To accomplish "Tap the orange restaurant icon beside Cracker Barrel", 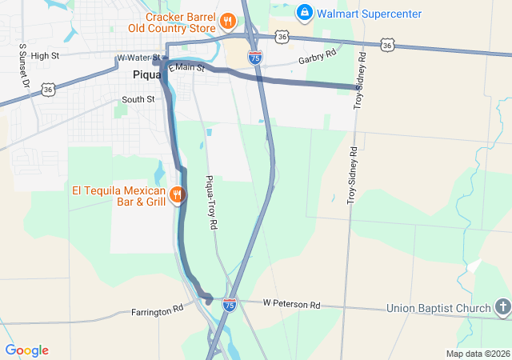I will click(227, 21).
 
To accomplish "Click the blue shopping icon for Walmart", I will click(304, 13).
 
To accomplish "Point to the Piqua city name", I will click(147, 74).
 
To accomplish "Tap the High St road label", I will click(44, 55).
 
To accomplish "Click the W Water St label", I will click(138, 58).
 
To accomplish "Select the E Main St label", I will click(187, 70).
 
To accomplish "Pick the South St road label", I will click(138, 99).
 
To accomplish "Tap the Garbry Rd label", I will click(314, 60).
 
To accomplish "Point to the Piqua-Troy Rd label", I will click(212, 203).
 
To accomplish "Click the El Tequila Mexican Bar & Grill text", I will click(118, 196).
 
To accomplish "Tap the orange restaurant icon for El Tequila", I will click(178, 194).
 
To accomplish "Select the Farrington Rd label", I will click(157, 308).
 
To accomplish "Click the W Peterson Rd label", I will click(291, 305).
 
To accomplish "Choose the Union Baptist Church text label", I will click(438, 308).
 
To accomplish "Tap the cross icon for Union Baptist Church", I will click(502, 306).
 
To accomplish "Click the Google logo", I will click(26, 350).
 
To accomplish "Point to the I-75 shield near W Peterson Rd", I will click(230, 305).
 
